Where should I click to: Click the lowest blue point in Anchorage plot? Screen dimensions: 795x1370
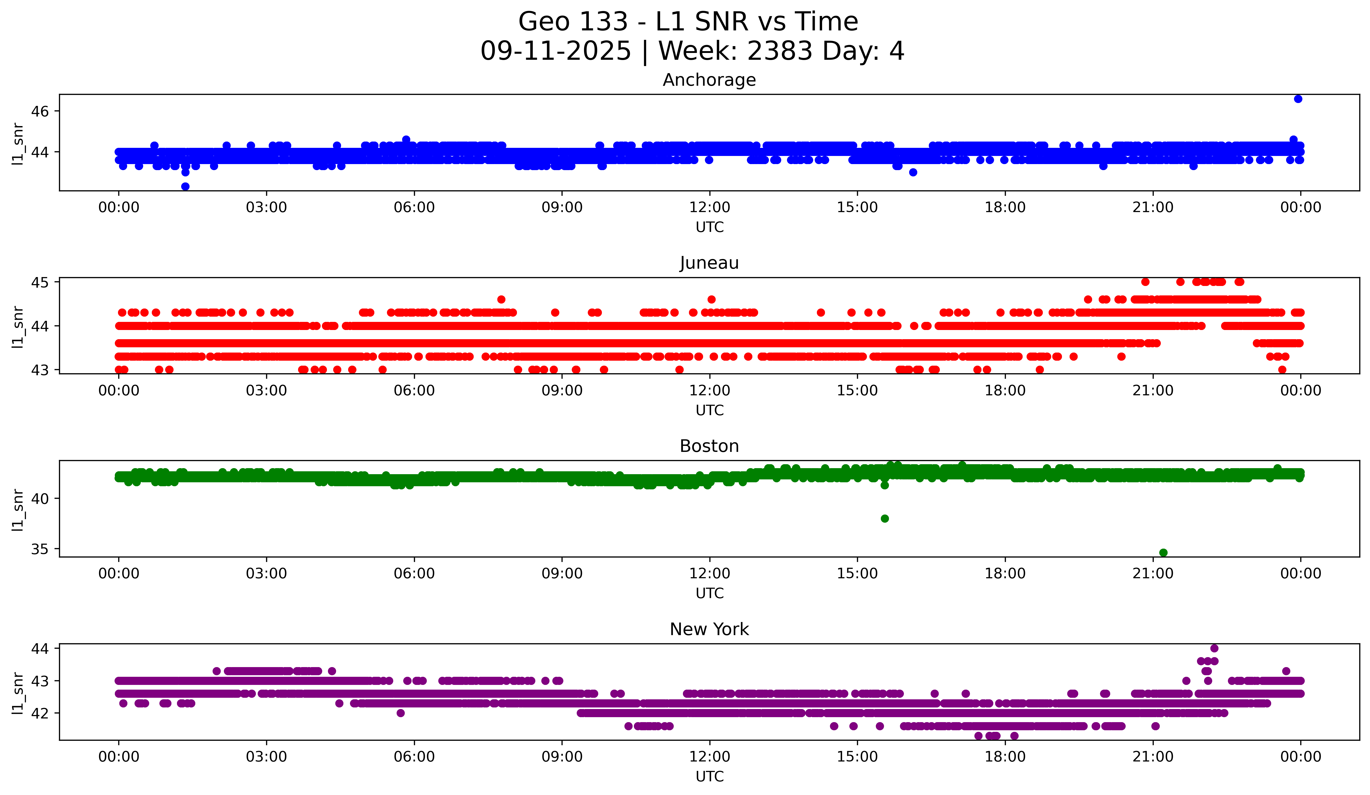pyautogui.click(x=185, y=186)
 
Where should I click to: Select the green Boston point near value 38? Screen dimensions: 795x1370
pyautogui.click(x=884, y=518)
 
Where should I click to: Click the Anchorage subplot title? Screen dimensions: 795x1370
pyautogui.click(x=709, y=80)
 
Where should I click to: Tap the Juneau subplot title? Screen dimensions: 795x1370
pyautogui.click(x=709, y=263)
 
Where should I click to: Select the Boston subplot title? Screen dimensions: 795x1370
pyautogui.click(x=709, y=446)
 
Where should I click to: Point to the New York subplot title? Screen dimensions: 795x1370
pyautogui.click(x=709, y=629)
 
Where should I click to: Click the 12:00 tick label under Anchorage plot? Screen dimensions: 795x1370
pyautogui.click(x=709, y=208)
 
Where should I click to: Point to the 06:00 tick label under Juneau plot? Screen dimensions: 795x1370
pyautogui.click(x=414, y=391)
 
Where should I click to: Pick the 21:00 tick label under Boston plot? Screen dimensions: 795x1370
pyautogui.click(x=1152, y=574)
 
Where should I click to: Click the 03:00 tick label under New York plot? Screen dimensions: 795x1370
pyautogui.click(x=266, y=757)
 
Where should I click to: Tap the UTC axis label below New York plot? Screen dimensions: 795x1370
pyautogui.click(x=709, y=777)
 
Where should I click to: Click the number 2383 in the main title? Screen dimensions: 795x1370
pyautogui.click(x=780, y=51)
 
